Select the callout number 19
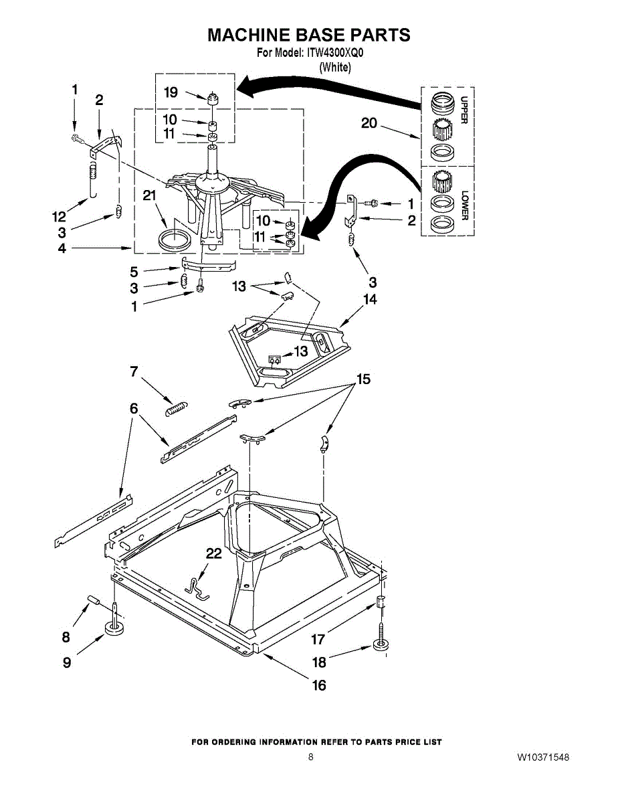click(171, 92)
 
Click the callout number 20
click(369, 122)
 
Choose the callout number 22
click(213, 553)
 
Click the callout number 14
click(370, 299)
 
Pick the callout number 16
click(320, 685)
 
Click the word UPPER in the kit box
click(463, 110)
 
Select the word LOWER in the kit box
click(463, 205)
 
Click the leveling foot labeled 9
click(116, 628)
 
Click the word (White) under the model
click(335, 66)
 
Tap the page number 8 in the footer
click(311, 757)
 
